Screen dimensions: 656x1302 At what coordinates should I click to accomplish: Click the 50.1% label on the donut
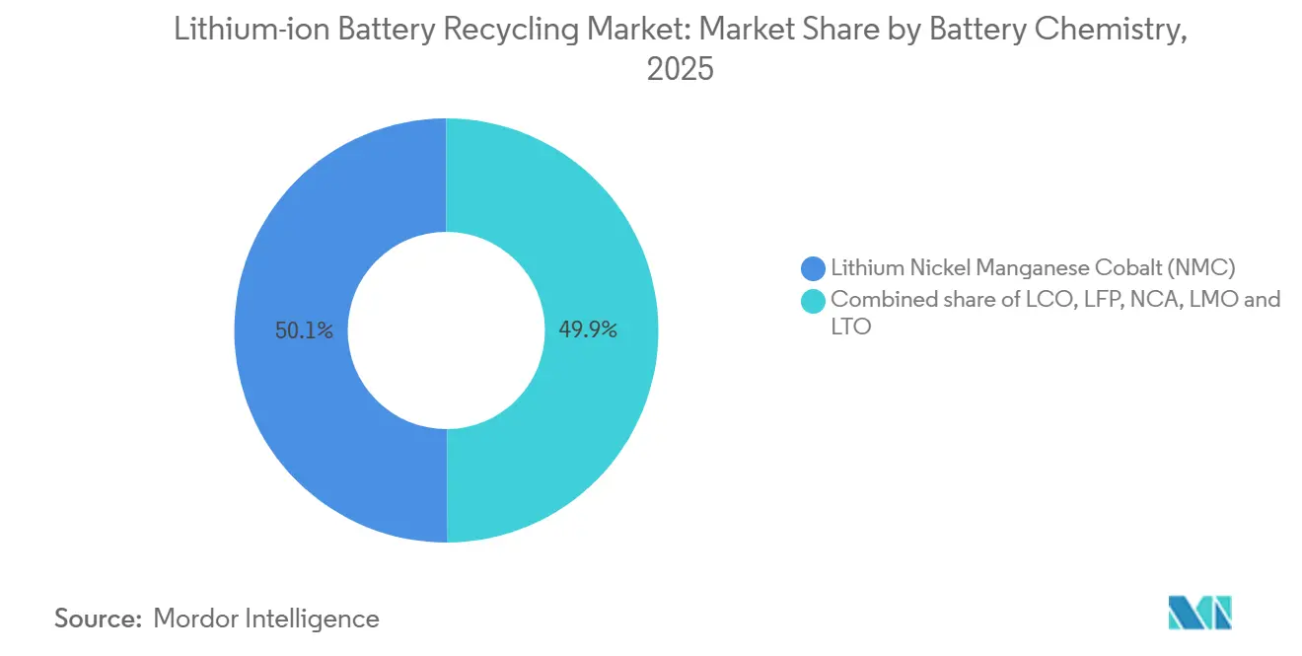tap(305, 331)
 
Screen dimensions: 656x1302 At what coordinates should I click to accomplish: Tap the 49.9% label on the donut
tap(588, 331)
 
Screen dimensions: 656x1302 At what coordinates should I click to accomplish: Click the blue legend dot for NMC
tap(814, 267)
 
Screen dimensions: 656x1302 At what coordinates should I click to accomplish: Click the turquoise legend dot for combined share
tap(814, 300)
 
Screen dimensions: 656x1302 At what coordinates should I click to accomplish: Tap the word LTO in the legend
tap(851, 327)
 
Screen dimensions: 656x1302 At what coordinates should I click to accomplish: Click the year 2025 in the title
tap(680, 69)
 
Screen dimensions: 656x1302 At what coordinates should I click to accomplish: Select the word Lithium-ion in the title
tap(253, 30)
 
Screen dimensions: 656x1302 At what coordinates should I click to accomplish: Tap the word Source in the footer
tap(97, 619)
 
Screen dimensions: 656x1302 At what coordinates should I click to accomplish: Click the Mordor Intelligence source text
tap(266, 619)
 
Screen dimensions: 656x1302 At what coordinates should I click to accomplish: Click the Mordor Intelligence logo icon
tap(1199, 613)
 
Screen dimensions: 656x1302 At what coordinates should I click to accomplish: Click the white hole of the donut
tap(447, 330)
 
